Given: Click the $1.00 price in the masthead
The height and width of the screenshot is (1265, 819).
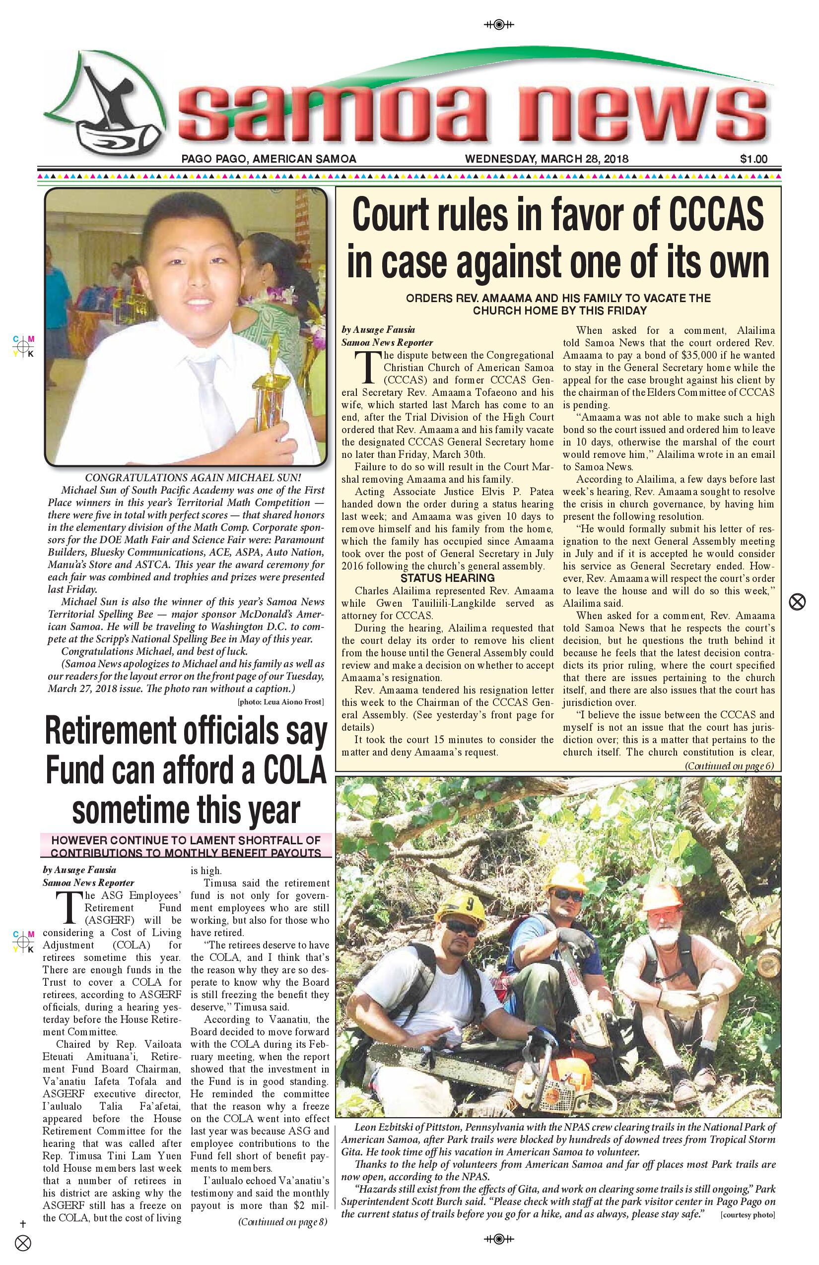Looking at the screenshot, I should pos(753,158).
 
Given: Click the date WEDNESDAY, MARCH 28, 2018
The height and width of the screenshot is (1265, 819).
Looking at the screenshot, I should pos(546,158).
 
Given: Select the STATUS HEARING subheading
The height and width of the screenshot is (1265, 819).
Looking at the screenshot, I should pos(447,578).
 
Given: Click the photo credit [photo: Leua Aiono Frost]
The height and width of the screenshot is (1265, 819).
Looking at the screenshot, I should pos(280,702).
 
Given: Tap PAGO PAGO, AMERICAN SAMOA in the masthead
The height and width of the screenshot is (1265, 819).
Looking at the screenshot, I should pos(269,158).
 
